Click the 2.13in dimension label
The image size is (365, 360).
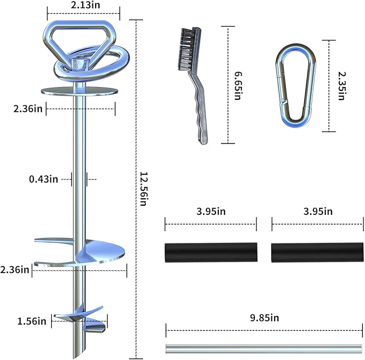[x=83, y=5]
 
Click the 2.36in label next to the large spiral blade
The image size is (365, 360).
[x=15, y=269]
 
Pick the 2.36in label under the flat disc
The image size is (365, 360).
[x=28, y=109]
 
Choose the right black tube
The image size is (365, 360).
[x=317, y=252]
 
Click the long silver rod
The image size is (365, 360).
[x=264, y=348]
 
